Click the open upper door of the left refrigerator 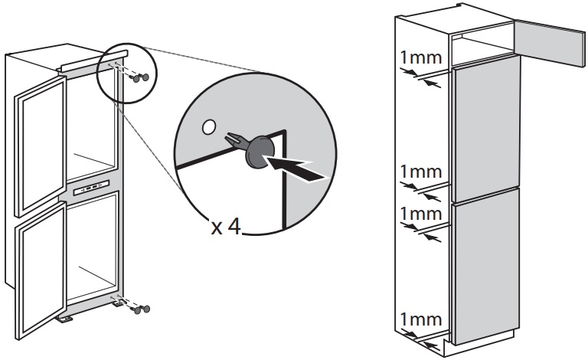coord(38,142)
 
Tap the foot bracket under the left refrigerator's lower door coord(68,317)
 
